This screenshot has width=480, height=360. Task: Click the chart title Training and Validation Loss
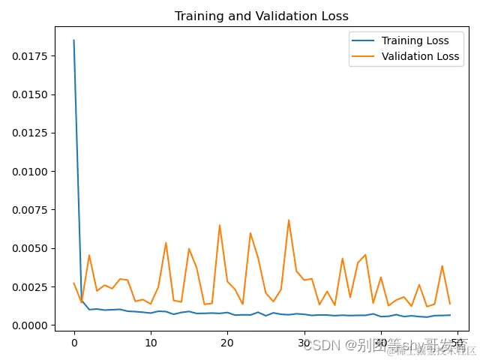261,16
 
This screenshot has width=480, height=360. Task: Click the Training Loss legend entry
415,40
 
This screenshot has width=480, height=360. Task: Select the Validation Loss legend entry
419,56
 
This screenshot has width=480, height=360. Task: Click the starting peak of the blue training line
73,40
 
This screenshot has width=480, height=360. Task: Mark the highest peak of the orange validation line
289,220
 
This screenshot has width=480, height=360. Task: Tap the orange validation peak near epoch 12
166,242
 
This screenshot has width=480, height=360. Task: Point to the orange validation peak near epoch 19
220,225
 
